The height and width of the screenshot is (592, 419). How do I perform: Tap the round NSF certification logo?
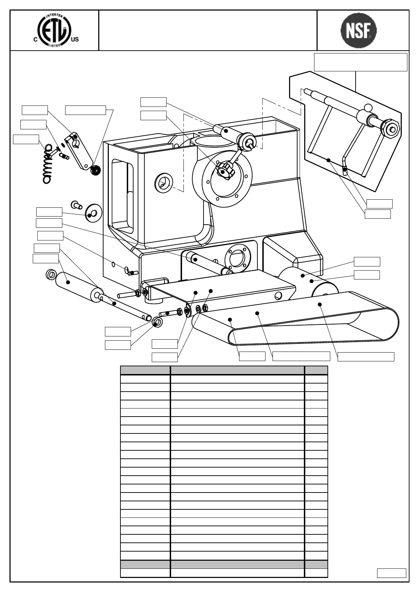pos(358,30)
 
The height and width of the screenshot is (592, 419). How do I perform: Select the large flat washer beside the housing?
pos(93,212)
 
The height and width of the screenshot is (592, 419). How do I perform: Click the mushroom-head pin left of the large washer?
pos(76,204)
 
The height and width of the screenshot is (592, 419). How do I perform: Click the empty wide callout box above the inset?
pos(360,62)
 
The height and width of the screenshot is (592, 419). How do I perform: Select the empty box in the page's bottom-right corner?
pos(391,573)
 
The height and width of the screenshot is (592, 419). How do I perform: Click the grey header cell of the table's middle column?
pos(237,370)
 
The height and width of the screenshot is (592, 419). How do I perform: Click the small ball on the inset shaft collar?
pos(368,108)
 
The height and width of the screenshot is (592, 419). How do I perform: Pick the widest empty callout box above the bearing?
pos(86,110)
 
